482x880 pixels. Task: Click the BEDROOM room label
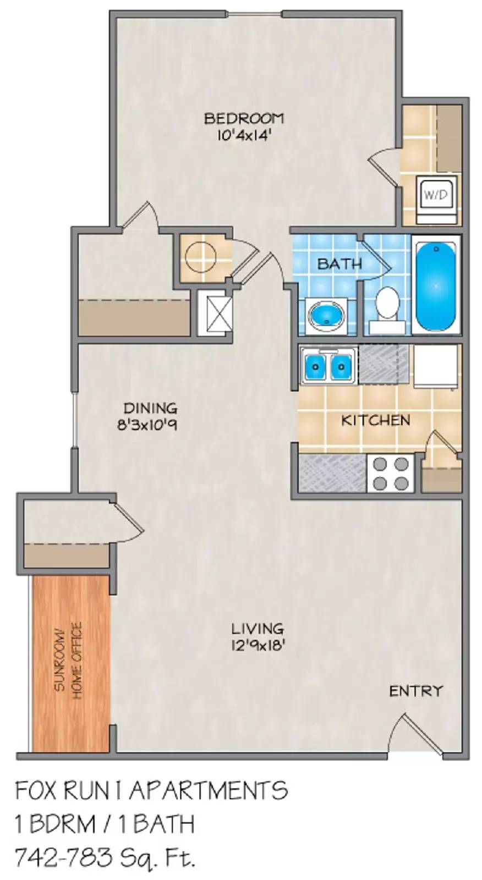click(244, 118)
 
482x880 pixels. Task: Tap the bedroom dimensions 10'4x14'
click(244, 135)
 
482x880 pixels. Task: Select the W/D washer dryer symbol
click(436, 195)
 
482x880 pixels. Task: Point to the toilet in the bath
click(388, 304)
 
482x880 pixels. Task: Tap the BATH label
click(339, 264)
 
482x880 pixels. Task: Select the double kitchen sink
click(327, 365)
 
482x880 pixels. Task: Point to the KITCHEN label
click(375, 421)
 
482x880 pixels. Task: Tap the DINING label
click(150, 408)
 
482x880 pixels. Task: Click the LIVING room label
click(257, 628)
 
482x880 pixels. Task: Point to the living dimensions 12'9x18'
click(258, 645)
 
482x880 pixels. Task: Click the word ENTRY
click(415, 691)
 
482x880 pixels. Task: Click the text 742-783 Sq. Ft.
click(105, 856)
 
